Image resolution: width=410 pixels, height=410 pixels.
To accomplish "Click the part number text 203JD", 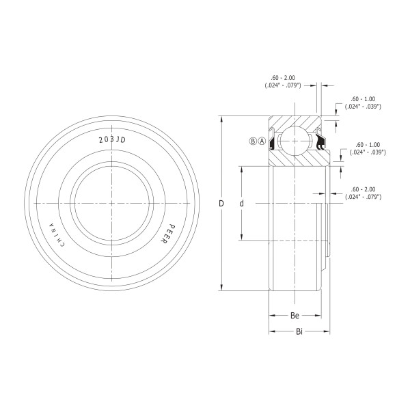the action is (x=112, y=140).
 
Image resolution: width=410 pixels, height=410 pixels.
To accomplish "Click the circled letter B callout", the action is (x=253, y=141).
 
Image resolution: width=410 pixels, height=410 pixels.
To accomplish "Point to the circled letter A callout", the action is (x=262, y=141).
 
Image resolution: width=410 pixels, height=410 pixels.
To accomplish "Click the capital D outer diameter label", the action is (x=221, y=203).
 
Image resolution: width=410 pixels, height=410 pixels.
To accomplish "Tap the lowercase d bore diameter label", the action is (x=242, y=203).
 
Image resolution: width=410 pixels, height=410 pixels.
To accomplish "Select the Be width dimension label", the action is (x=295, y=315).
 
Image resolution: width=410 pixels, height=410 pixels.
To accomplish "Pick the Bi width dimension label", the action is (x=299, y=331).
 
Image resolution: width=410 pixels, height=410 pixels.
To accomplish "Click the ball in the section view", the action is (x=295, y=141).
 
